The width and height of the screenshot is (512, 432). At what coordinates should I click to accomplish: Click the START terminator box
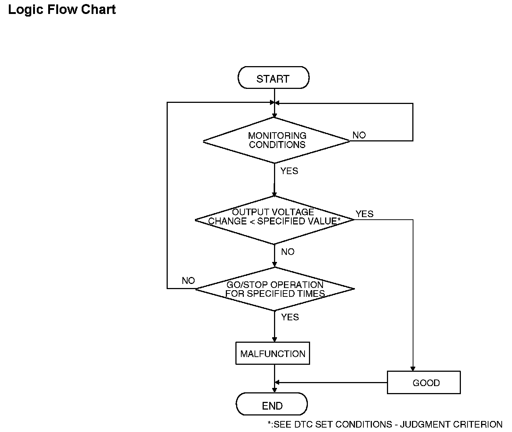(273, 78)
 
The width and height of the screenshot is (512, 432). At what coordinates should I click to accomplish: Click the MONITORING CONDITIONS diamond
(276, 140)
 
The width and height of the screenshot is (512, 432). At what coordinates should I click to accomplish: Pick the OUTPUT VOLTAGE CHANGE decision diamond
(274, 220)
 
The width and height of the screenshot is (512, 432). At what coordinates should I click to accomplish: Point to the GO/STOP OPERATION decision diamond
(275, 289)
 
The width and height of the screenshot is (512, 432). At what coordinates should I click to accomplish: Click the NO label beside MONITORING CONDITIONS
(359, 135)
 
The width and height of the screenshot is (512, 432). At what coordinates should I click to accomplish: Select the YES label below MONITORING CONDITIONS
(289, 171)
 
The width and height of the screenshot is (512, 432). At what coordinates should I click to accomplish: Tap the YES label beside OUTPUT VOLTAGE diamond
(365, 214)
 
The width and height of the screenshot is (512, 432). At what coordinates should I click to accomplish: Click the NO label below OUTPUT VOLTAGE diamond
(288, 252)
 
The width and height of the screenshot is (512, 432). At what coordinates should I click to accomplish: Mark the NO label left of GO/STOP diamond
(188, 280)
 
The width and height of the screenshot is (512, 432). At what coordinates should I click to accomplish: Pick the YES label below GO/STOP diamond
(290, 317)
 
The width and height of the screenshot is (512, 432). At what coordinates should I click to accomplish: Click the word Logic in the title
(25, 10)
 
